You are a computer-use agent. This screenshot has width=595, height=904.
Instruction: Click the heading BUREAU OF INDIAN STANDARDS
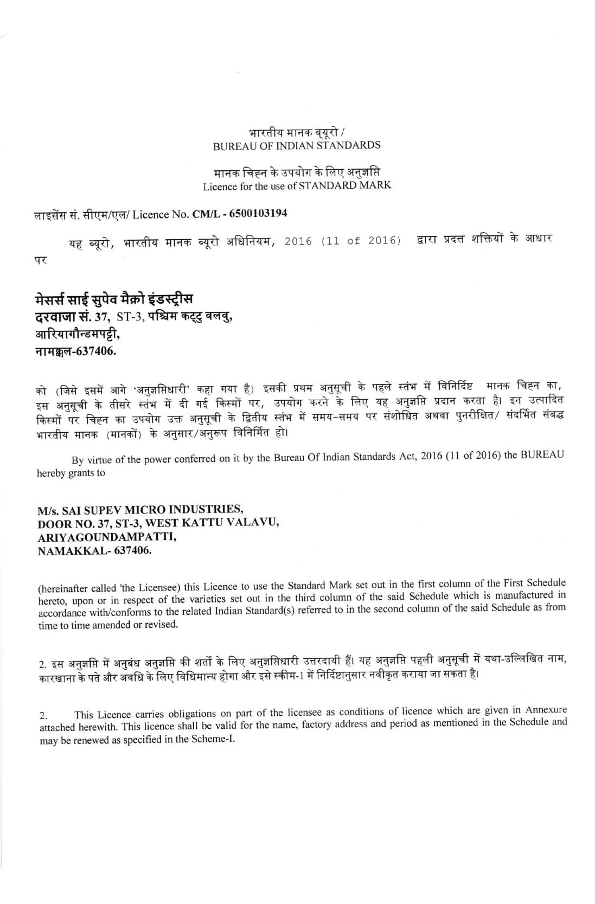[297, 145]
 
